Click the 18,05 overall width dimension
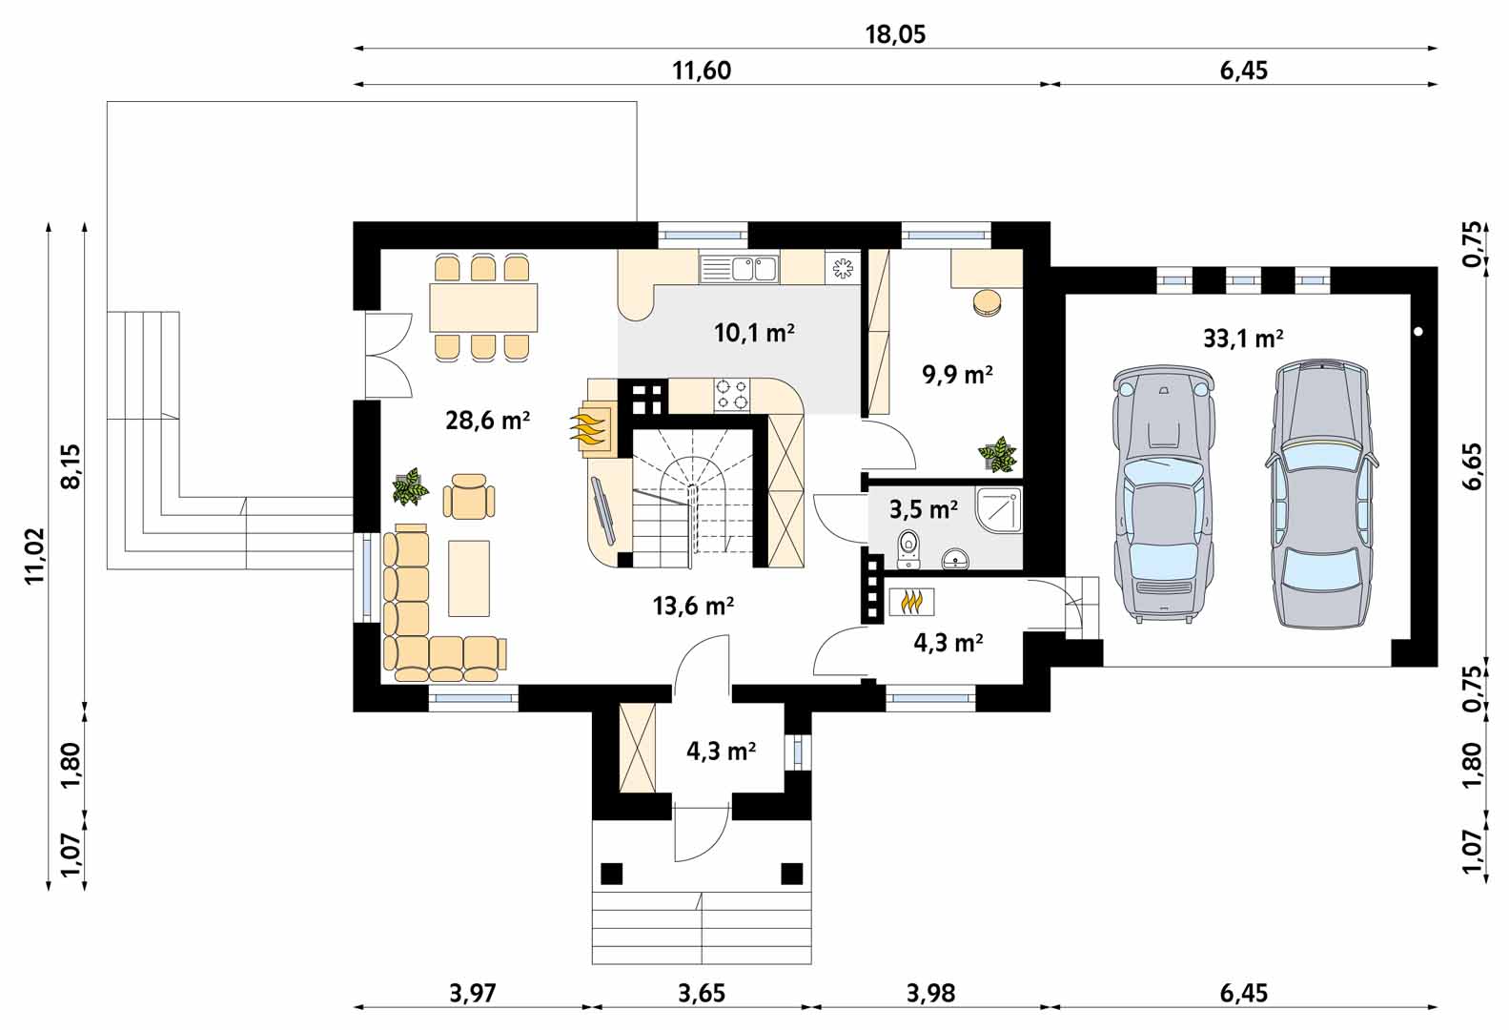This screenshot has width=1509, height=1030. pos(895,34)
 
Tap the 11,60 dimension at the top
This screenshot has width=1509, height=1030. pos(702,71)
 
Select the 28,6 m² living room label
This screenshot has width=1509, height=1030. pos(488,421)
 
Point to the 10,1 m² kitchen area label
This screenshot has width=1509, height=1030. pos(755,332)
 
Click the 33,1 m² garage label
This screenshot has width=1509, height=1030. pos(1244,338)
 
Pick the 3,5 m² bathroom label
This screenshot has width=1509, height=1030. pos(924,509)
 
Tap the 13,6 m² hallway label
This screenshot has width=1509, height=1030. pos(693,606)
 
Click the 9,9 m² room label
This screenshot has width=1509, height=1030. pos(957,374)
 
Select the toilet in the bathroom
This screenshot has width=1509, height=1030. pos(908,548)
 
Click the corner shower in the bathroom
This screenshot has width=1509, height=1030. pos(998,509)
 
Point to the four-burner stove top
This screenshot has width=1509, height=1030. pos(731,395)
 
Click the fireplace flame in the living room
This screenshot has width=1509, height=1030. pos(587,429)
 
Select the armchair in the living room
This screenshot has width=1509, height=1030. pos(469,496)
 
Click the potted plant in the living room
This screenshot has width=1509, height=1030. pos(410,486)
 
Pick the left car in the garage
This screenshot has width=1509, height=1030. pos(1163,493)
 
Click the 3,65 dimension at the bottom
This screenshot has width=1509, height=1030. pos(702,993)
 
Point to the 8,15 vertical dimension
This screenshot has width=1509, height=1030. pos(70,465)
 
